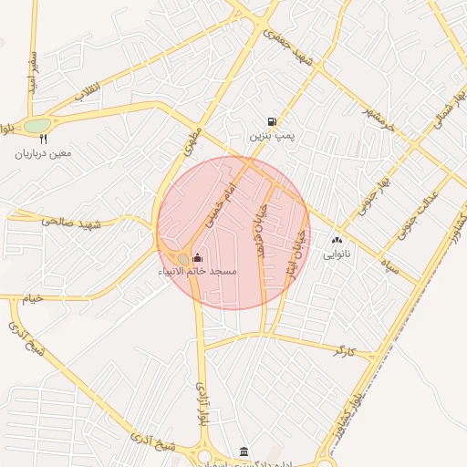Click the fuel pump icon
pyautogui.click(x=272, y=121)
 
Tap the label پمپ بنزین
pyautogui.click(x=272, y=136)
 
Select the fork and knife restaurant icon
pyautogui.click(x=42, y=140)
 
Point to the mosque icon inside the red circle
pyautogui.click(x=198, y=257)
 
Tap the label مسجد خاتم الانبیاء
pyautogui.click(x=198, y=272)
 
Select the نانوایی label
pyautogui.click(x=336, y=255)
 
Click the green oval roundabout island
pyautogui.click(x=37, y=125)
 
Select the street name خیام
pyautogui.click(x=33, y=298)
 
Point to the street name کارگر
pyautogui.click(x=342, y=349)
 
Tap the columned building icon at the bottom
pyautogui.click(x=243, y=451)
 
